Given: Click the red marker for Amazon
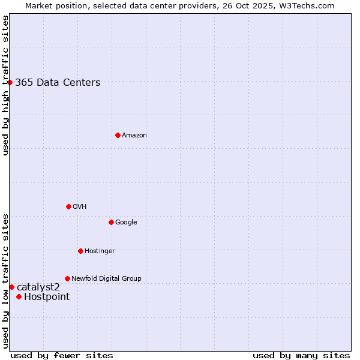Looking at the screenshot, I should coord(118,135).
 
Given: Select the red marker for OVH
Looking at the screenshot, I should coord(68,206).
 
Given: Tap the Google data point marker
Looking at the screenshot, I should coord(111,222).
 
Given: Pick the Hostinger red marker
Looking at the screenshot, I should coord(80,251).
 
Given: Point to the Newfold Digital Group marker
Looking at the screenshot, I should coord(67,278).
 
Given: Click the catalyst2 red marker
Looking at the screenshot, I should coord(11,287).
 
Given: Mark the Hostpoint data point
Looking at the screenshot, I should coord(19,296).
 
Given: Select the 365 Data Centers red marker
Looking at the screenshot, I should coord(10,82).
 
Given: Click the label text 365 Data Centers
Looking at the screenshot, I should coord(58,83).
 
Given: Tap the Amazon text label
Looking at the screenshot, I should coord(134,136).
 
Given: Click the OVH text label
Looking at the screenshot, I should coord(80,207).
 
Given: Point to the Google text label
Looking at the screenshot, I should coord(126,223).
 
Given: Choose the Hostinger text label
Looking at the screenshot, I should coord(100,251).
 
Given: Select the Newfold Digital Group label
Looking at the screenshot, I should coord(106,279).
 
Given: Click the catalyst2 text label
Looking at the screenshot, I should coord(38,287).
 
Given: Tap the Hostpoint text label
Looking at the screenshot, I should coord(47,297).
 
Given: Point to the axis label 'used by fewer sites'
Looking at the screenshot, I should coord(62,355).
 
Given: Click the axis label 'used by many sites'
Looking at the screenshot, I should coord(301,355).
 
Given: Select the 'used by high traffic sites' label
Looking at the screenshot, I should coord(5,85).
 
